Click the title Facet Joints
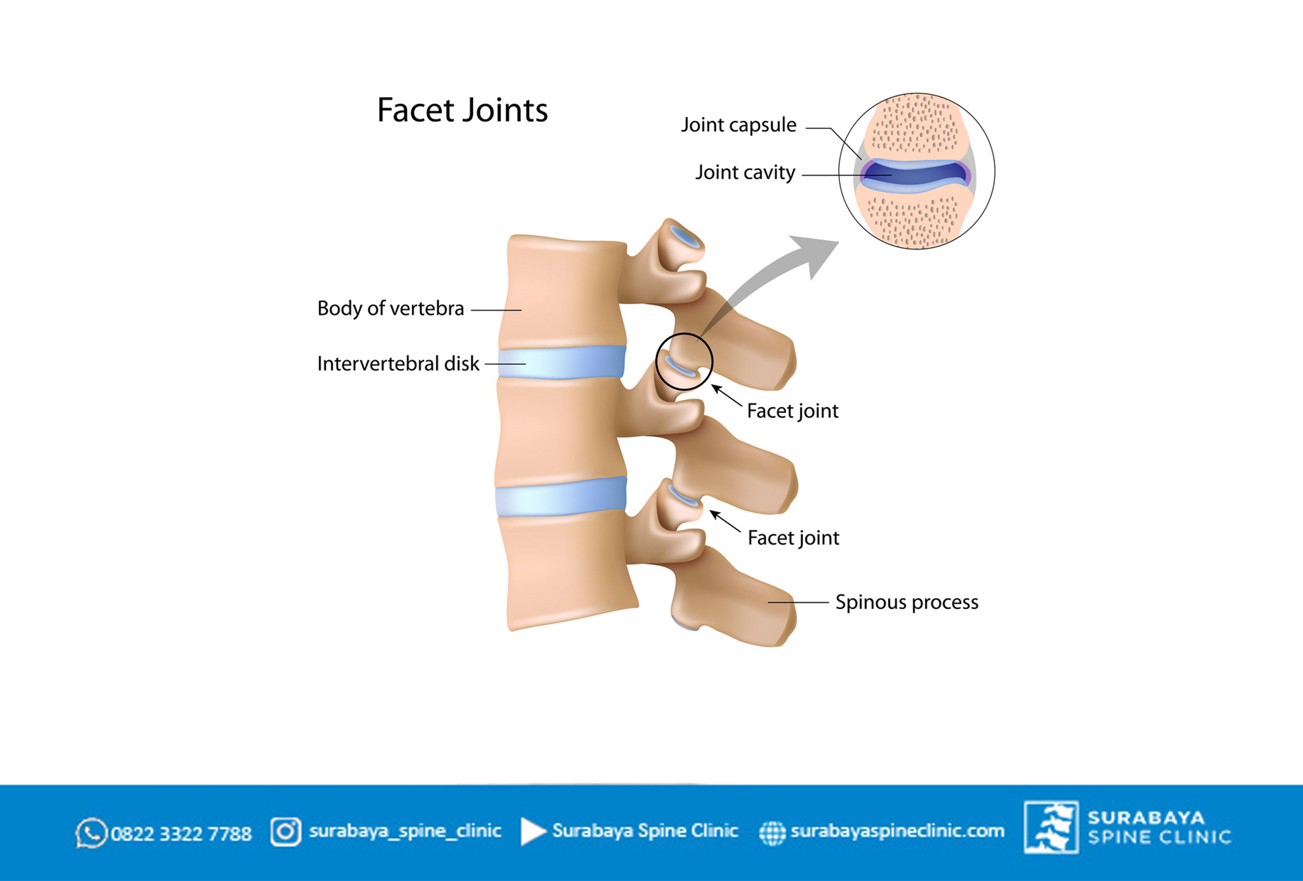click(x=462, y=110)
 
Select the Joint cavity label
click(x=745, y=172)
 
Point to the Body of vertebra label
click(x=391, y=309)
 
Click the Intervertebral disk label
click(x=398, y=364)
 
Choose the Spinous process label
click(x=906, y=602)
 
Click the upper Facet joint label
click(x=793, y=411)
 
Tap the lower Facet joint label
click(x=793, y=538)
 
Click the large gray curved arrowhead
click(x=817, y=255)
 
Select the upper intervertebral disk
click(x=562, y=362)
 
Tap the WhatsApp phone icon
click(x=91, y=833)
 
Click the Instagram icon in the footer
click(x=286, y=831)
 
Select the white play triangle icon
click(x=533, y=831)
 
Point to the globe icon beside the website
click(x=772, y=833)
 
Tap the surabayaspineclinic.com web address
click(x=897, y=831)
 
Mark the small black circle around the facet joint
click(x=657, y=361)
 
